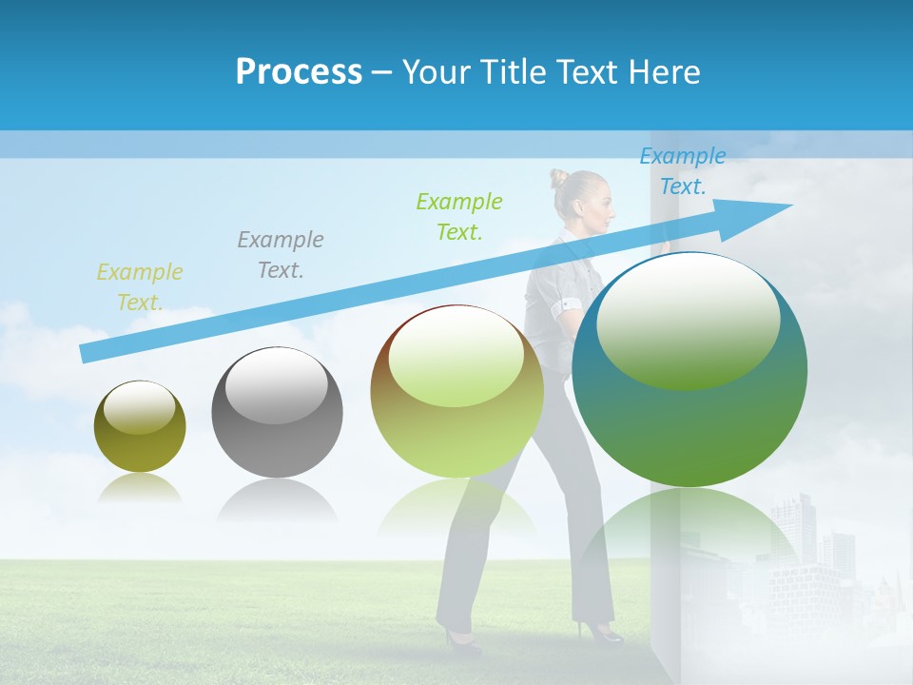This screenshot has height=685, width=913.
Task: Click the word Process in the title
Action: tap(299, 72)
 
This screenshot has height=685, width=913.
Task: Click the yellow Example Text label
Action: tap(139, 287)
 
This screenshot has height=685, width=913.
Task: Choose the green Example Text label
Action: tap(458, 216)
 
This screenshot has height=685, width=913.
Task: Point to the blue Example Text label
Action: tap(682, 171)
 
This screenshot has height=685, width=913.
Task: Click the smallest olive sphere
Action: tap(140, 426)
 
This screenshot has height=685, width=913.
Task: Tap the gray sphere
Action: tap(277, 412)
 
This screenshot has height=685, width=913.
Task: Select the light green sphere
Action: tap(456, 391)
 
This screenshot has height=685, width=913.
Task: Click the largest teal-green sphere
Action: tap(690, 369)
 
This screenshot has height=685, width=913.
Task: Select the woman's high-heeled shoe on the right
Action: tap(600, 631)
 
